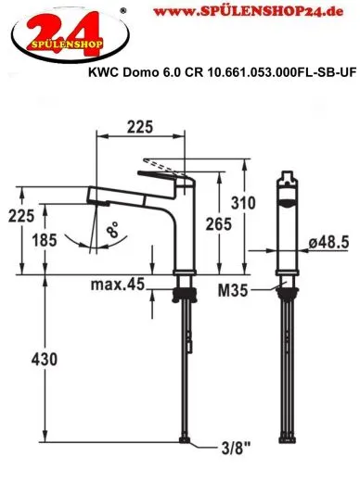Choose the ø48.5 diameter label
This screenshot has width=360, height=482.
pos(329,241)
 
